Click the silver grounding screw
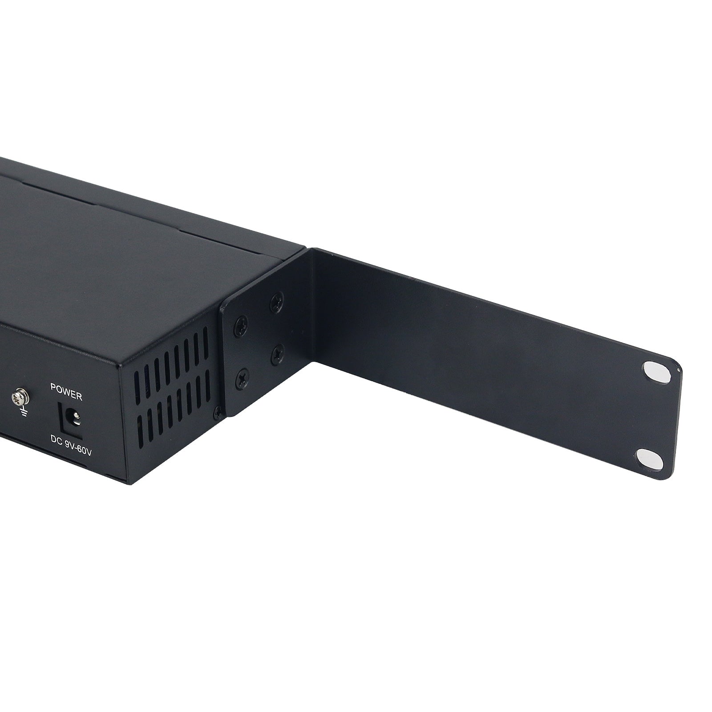pyautogui.click(x=20, y=395)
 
